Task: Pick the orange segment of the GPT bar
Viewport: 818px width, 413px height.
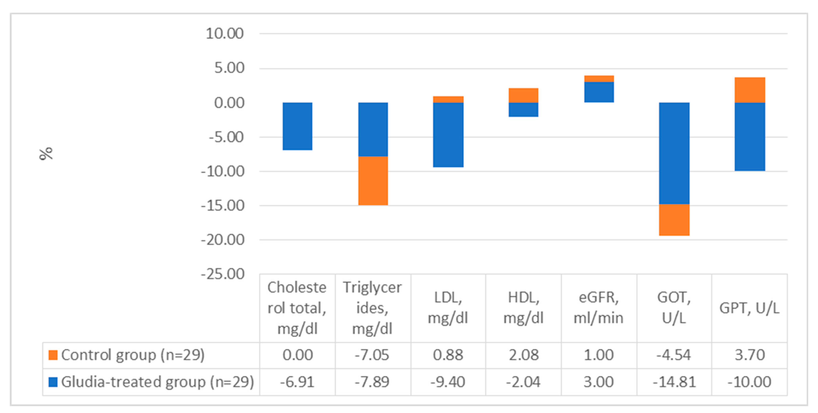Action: (x=749, y=90)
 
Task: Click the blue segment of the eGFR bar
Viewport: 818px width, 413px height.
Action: (x=599, y=92)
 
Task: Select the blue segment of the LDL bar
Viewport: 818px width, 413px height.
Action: (x=448, y=135)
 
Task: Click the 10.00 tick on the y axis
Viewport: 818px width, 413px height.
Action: (x=225, y=34)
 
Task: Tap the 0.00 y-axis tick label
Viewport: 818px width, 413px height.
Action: (x=229, y=103)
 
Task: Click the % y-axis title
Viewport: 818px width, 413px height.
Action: (x=46, y=154)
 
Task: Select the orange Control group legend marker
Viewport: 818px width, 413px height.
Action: (x=53, y=355)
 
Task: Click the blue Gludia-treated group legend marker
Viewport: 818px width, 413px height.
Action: (x=53, y=382)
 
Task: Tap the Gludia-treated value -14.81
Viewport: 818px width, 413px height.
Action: (x=674, y=382)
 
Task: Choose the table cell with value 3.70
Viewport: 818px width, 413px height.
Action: (x=749, y=355)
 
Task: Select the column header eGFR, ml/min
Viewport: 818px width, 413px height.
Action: (x=599, y=308)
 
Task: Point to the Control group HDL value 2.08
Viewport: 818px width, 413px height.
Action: (x=523, y=355)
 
